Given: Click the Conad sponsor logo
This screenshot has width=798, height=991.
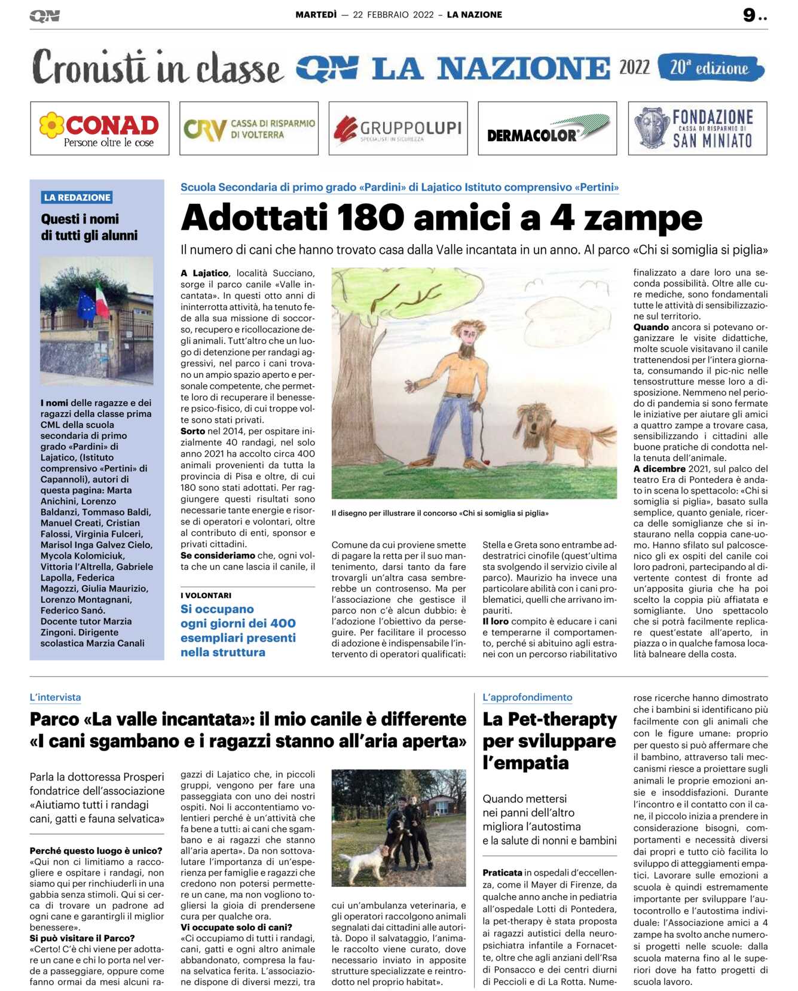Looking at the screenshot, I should pyautogui.click(x=99, y=129).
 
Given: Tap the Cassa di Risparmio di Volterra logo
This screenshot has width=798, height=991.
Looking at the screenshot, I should pyautogui.click(x=249, y=129).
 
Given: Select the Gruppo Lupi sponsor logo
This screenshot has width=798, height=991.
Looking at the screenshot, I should pyautogui.click(x=398, y=129).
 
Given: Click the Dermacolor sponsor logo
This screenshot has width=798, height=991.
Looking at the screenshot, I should pyautogui.click(x=547, y=129).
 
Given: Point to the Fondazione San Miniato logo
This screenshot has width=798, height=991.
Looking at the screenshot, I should pyautogui.click(x=697, y=129).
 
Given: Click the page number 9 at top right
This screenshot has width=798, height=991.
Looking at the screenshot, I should pyautogui.click(x=750, y=15).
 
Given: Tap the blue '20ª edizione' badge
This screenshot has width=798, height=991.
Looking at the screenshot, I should pyautogui.click(x=710, y=68).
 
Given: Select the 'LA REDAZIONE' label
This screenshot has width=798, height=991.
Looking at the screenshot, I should pyautogui.click(x=77, y=197).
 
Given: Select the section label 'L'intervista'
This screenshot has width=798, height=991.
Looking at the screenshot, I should pyautogui.click(x=55, y=697).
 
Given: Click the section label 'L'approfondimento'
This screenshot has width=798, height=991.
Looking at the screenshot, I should pyautogui.click(x=527, y=697).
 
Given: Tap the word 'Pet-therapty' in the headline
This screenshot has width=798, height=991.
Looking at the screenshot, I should pyautogui.click(x=562, y=719).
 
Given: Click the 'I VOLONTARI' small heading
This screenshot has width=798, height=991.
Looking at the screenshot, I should pyautogui.click(x=206, y=595).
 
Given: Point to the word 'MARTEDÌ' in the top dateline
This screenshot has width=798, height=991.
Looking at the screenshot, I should pyautogui.click(x=316, y=15).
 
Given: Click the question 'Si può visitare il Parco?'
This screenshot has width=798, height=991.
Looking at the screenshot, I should pyautogui.click(x=82, y=938).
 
